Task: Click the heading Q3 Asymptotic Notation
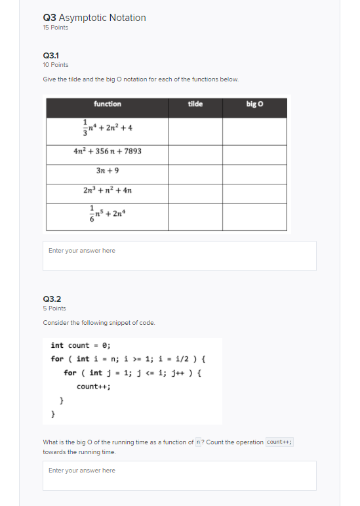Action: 94,18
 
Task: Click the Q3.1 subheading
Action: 51,56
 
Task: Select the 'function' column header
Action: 107,104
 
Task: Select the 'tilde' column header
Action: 195,104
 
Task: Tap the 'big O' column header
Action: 255,104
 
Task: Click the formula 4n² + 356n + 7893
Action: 108,151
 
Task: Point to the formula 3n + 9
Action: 108,171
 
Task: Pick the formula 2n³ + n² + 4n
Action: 108,190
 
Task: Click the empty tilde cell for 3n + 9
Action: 195,171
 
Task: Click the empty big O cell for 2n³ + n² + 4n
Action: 255,190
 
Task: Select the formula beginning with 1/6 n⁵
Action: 108,213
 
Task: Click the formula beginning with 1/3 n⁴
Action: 108,127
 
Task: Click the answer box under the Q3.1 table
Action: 179,256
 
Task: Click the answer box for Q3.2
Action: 179,475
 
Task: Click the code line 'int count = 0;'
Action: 81,345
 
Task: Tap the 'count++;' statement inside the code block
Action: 94,386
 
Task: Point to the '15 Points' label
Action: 55,28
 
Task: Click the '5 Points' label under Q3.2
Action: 54,308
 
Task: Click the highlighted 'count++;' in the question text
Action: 279,442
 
